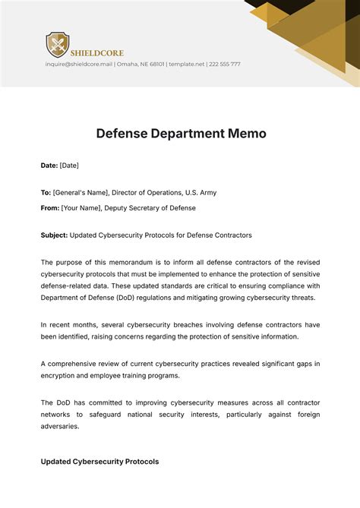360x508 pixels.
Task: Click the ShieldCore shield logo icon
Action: click(x=57, y=45)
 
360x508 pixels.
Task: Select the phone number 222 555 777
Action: click(x=224, y=65)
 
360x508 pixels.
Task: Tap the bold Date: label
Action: click(x=49, y=165)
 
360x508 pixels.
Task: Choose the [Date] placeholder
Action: click(x=69, y=165)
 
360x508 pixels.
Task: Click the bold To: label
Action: click(x=46, y=193)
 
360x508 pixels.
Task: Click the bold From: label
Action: click(x=49, y=208)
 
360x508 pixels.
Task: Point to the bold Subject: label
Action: click(x=54, y=235)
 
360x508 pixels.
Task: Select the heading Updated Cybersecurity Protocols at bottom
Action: click(x=99, y=462)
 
